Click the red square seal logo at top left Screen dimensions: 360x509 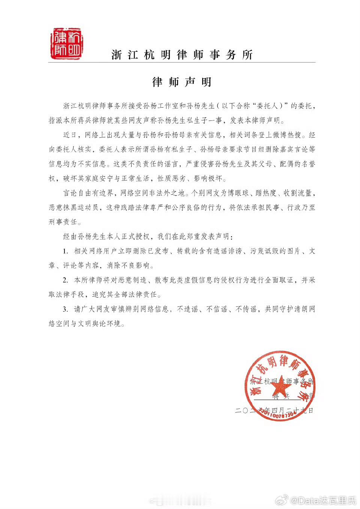point(66,44)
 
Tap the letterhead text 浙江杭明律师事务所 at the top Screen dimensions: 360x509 point(182,55)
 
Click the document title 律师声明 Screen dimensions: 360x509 point(182,82)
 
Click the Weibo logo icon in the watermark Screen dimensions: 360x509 point(282,500)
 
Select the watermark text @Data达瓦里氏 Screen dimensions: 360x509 point(323,500)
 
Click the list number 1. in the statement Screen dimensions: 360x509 point(66,251)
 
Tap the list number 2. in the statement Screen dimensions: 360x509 point(66,280)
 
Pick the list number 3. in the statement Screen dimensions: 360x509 point(66,309)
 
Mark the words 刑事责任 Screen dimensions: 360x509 point(63,222)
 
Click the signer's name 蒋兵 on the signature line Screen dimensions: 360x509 point(281,396)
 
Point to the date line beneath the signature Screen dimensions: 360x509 point(274,410)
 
